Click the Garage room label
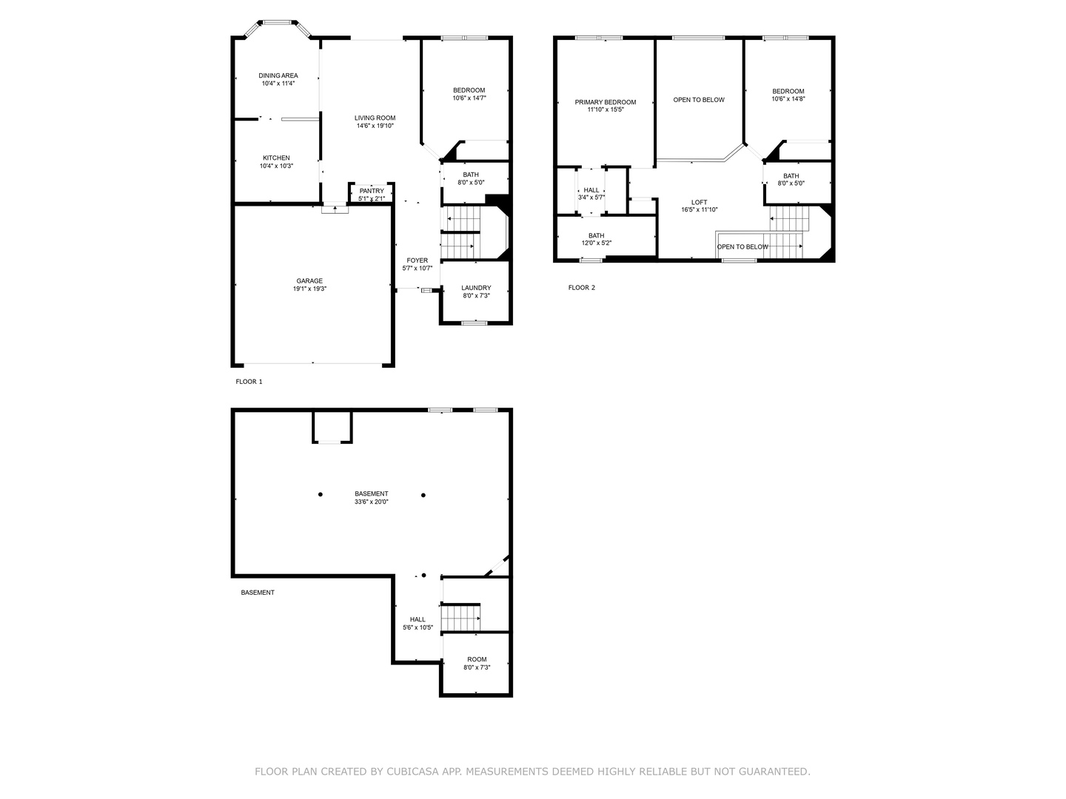point(309,281)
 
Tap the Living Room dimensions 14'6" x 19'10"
point(375,126)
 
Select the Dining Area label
point(278,75)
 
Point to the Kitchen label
point(276,158)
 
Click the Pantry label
point(372,191)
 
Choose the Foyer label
point(418,260)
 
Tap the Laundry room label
point(476,288)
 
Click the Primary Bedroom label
point(605,102)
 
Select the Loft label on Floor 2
point(700,202)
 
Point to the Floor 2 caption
point(581,288)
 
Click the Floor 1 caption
point(249,382)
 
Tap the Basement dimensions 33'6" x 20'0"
point(372,502)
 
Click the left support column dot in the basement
point(321,494)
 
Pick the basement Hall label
point(418,619)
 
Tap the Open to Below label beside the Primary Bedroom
point(699,100)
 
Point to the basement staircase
point(460,617)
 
